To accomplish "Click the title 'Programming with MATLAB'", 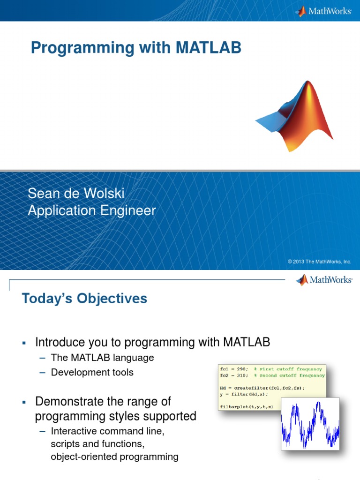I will [136, 48].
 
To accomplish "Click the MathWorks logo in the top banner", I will [323, 11].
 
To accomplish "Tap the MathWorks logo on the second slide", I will [324, 280].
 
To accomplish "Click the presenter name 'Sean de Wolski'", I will [76, 193].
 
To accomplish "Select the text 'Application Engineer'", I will [91, 210].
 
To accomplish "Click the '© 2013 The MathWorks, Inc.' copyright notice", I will [319, 262].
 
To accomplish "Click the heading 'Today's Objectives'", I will [84, 298].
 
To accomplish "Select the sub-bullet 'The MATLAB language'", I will [102, 358].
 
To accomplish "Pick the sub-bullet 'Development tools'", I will [92, 373].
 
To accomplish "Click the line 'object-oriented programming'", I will [114, 457].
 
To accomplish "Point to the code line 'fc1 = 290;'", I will [234, 369].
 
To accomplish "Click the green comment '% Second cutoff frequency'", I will [289, 375].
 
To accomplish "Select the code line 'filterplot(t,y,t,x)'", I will [246, 406].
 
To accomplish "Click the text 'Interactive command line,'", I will [107, 431].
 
